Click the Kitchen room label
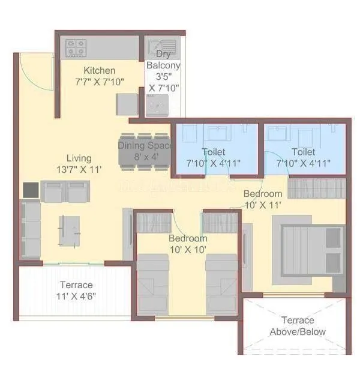(100, 70)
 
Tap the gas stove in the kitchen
(77, 47)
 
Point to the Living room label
(79, 158)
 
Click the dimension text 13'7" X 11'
(79, 169)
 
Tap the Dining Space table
(145, 151)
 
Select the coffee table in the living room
(69, 229)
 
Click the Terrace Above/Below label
(298, 326)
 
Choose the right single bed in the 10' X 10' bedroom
(221, 283)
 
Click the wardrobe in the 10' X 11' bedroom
(316, 188)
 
